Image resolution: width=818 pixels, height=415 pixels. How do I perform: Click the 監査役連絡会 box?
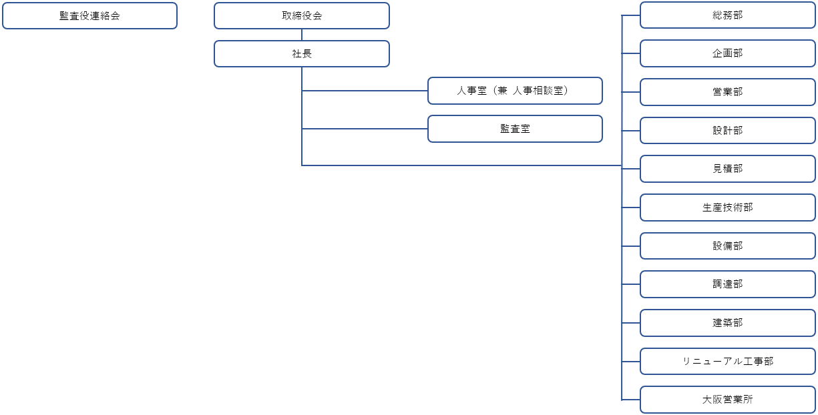tap(90, 16)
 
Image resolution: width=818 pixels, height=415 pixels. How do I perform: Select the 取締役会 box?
tap(302, 16)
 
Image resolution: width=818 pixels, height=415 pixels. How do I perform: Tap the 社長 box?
tap(302, 53)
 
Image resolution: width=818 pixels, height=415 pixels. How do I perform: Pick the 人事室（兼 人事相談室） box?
tap(515, 91)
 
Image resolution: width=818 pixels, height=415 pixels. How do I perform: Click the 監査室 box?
tap(515, 129)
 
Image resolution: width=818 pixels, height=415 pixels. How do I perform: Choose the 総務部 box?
tap(727, 15)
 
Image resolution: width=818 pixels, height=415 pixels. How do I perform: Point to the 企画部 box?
tap(727, 53)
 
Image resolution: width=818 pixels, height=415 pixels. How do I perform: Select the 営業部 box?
tap(727, 92)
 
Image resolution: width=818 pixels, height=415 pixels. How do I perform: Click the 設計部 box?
tap(727, 130)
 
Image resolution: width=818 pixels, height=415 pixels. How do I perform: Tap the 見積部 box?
tap(727, 169)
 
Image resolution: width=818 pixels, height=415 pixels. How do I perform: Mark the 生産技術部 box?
tap(727, 207)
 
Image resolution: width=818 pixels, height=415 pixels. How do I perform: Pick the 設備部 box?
tap(727, 246)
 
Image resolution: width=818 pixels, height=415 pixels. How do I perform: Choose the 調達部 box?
tap(727, 284)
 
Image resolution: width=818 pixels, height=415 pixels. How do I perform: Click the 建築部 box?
tap(727, 323)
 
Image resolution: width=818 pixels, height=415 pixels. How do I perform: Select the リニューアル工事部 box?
tap(727, 362)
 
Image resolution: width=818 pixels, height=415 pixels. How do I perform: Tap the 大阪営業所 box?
tap(727, 400)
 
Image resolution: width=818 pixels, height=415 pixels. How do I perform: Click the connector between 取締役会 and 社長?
tap(302, 35)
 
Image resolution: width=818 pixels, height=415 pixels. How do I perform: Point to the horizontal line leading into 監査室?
tap(365, 129)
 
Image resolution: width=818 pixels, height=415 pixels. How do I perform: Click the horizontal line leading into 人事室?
tap(365, 91)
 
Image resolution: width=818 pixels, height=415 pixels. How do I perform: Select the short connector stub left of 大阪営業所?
tap(631, 400)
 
